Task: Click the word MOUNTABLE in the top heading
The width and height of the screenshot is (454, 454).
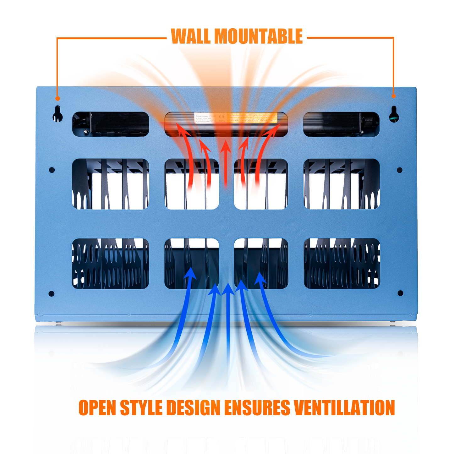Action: click(x=259, y=36)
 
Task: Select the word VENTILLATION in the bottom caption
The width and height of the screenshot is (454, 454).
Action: click(x=344, y=408)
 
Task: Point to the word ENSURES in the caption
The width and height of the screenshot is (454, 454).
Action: click(x=257, y=408)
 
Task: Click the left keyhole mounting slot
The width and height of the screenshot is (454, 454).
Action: click(x=57, y=114)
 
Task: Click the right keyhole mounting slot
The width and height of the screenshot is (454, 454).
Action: click(x=394, y=114)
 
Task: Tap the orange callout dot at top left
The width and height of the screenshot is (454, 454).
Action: click(x=57, y=98)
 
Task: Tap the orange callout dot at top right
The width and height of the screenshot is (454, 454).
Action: click(x=394, y=96)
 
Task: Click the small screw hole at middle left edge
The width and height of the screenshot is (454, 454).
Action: click(x=52, y=170)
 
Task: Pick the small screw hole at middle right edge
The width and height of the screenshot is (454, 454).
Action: click(x=400, y=170)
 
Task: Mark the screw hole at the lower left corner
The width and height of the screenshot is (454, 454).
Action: click(x=52, y=294)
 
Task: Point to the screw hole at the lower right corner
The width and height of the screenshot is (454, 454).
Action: click(x=400, y=293)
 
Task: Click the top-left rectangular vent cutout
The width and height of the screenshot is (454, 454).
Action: click(x=111, y=124)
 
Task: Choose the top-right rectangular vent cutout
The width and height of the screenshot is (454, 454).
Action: click(x=341, y=124)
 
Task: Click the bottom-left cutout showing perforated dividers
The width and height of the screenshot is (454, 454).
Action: click(x=110, y=264)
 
